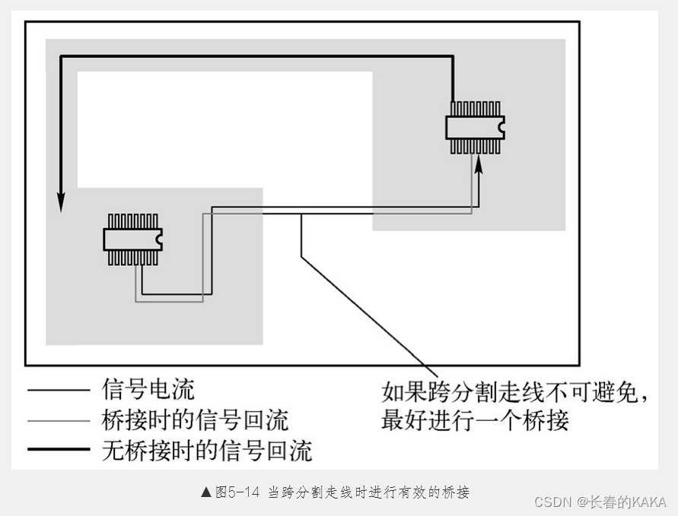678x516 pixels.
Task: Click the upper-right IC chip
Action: coord(474,128)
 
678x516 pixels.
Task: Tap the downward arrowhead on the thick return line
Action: coord(61,201)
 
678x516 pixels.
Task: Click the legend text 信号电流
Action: coord(148,390)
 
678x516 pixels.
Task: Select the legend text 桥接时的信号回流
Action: coord(195,420)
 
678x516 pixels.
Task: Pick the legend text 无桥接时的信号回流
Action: coord(206,451)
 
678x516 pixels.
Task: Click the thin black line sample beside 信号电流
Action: coord(59,391)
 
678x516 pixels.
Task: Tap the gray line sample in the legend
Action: coord(59,420)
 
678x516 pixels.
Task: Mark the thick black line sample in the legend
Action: coord(59,450)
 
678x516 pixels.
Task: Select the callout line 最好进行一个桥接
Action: coord(475,420)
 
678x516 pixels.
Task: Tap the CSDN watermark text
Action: coord(554,502)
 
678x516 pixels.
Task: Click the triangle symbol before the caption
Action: coord(206,492)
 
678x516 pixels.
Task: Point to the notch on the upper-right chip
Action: coord(501,128)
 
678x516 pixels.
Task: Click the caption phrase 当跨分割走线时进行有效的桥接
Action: coord(368,492)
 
